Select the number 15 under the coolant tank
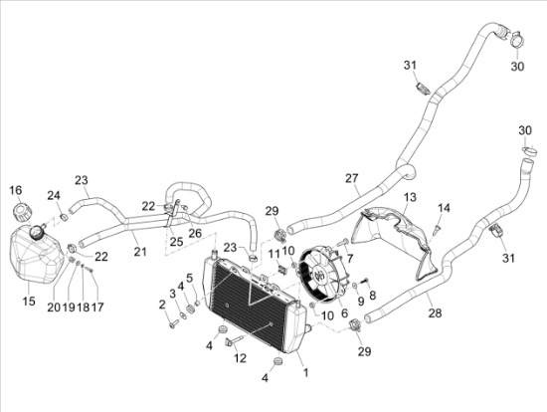[29, 301]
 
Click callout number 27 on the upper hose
[352, 178]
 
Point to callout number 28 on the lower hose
[435, 312]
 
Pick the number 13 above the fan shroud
[410, 197]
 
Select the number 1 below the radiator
[305, 372]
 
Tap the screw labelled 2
[173, 324]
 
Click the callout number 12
[240, 358]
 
